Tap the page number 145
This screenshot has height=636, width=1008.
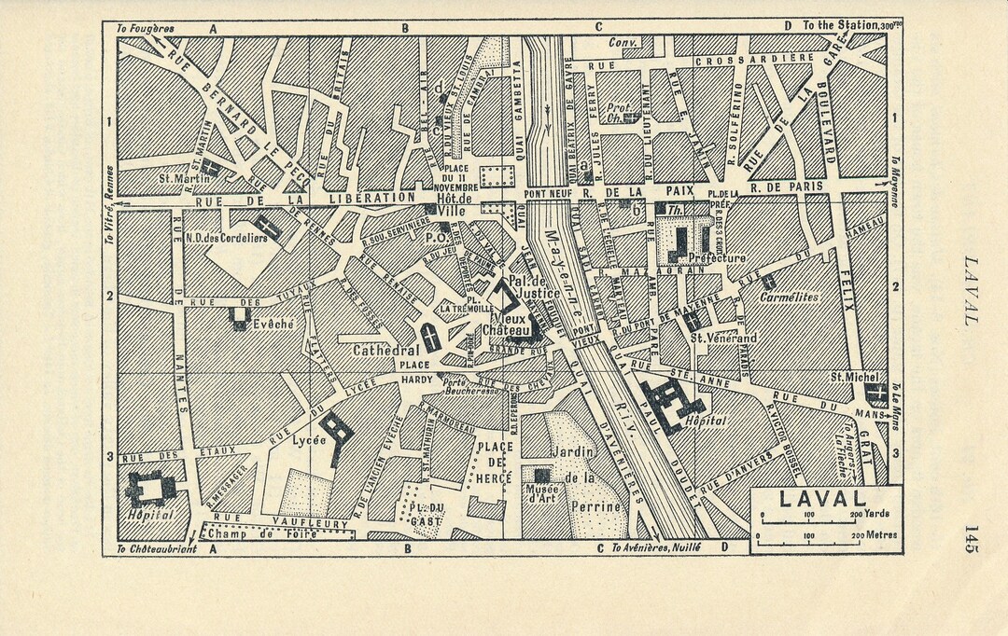[x=972, y=539]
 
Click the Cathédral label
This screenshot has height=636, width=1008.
[x=383, y=351]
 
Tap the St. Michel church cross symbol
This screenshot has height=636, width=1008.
[x=875, y=392]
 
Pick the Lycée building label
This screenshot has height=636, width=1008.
[x=302, y=437]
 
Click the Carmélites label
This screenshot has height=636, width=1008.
[x=788, y=297]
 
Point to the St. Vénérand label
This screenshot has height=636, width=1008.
[x=723, y=338]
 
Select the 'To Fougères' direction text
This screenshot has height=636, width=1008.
[x=146, y=28]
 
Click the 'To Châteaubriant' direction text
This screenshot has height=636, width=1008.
[x=157, y=549]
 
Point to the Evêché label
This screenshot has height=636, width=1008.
[x=273, y=324]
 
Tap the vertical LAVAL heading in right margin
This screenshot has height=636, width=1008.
[x=971, y=290]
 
